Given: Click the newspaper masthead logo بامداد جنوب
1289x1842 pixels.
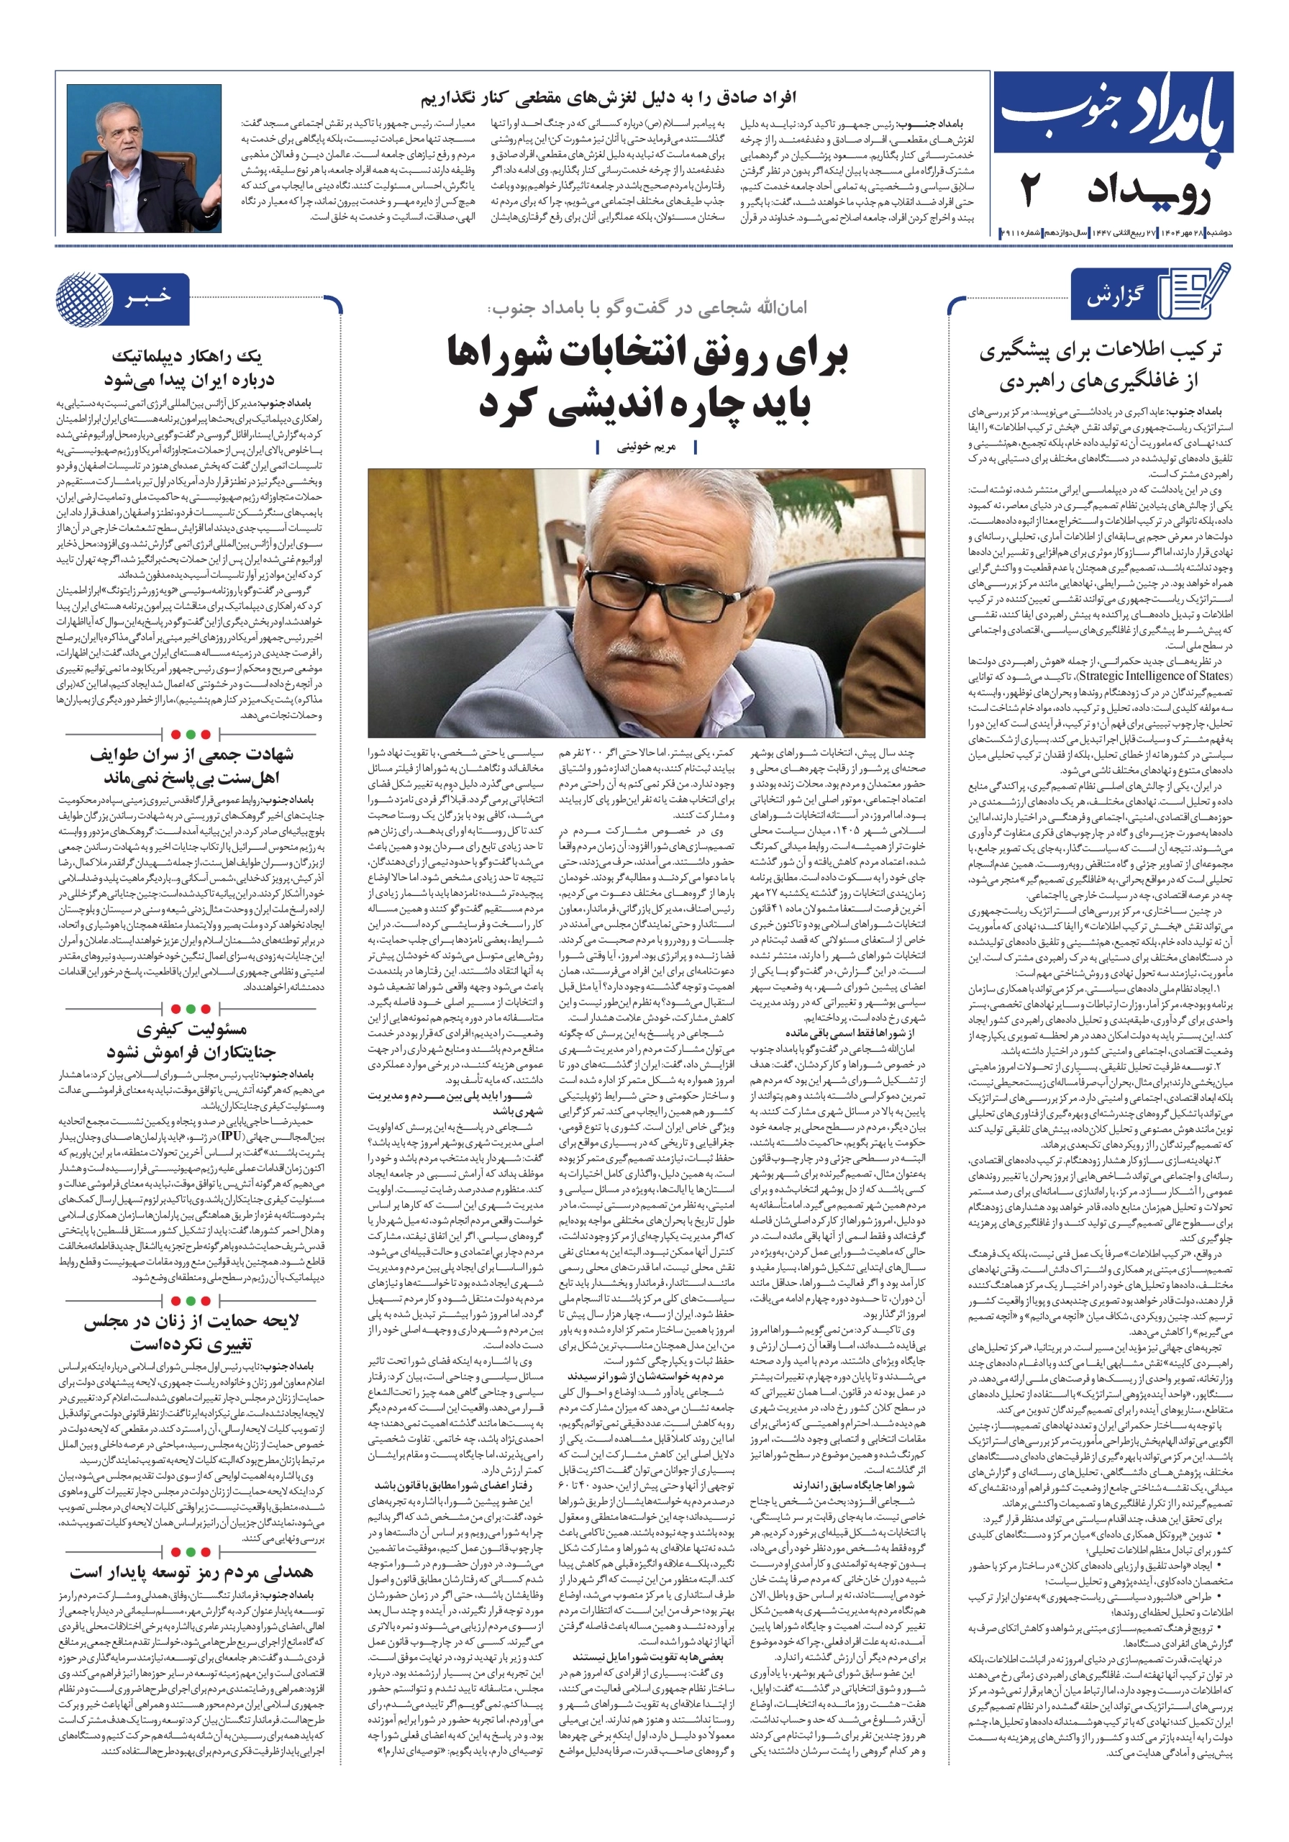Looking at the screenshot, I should point(1113,117).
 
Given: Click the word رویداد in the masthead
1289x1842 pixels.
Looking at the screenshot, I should point(1149,194).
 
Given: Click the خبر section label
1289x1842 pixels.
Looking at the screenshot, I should point(147,298).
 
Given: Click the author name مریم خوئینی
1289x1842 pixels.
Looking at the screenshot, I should point(646,448).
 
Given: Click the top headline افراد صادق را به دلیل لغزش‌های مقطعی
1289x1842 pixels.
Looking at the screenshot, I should point(608,99).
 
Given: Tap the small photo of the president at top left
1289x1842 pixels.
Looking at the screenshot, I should point(144,158).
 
